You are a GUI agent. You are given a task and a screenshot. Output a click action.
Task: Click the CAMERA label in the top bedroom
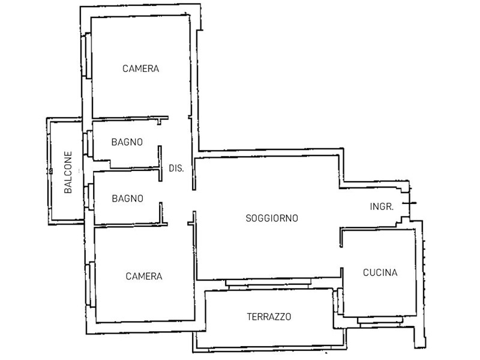point(140,68)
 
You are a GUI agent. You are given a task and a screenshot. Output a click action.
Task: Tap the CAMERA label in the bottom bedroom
point(144,277)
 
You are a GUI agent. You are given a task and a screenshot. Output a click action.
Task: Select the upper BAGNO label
point(127,142)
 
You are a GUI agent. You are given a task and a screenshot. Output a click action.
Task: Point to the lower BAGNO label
point(128,199)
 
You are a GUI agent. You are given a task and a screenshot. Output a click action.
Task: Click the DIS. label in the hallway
point(176,169)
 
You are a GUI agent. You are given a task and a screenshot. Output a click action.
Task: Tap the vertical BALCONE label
point(68,172)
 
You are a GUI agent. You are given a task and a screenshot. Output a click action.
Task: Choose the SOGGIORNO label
point(272,218)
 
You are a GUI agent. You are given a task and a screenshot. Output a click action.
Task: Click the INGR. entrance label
point(382,207)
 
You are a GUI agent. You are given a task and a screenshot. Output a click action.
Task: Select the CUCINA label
point(380,272)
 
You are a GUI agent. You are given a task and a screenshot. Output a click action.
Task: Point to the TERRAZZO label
point(269,317)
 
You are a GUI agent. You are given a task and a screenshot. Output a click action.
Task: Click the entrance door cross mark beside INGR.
point(409,203)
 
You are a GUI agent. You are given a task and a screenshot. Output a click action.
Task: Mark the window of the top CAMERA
point(86,55)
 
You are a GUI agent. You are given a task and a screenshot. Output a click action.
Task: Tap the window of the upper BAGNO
point(88,144)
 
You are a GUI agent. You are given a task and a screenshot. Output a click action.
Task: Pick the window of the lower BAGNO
point(89,197)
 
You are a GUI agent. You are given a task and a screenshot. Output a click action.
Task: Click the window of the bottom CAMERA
point(91,284)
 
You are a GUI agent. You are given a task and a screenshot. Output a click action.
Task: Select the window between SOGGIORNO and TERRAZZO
point(268,283)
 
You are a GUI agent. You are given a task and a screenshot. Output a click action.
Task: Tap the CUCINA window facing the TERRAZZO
point(338,301)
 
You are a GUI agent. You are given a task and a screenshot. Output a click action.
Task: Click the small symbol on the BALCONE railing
point(51,171)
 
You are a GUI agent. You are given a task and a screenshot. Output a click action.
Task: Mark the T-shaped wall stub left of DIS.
point(160,163)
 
